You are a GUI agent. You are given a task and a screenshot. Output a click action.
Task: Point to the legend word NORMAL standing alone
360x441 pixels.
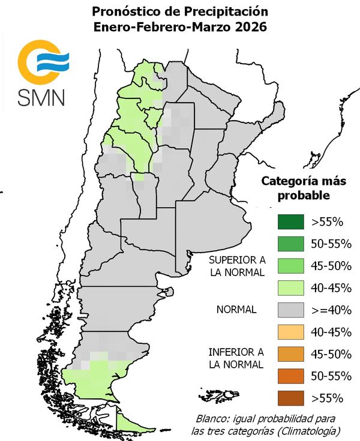tap(236, 310)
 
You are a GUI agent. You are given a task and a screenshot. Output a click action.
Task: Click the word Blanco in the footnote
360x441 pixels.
tap(212, 418)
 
